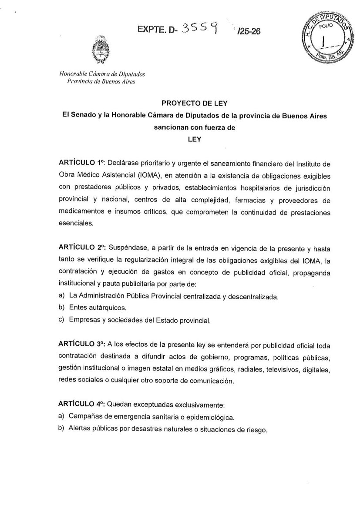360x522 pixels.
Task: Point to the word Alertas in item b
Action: point(81,429)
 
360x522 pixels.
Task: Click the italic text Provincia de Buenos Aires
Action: point(98,82)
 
